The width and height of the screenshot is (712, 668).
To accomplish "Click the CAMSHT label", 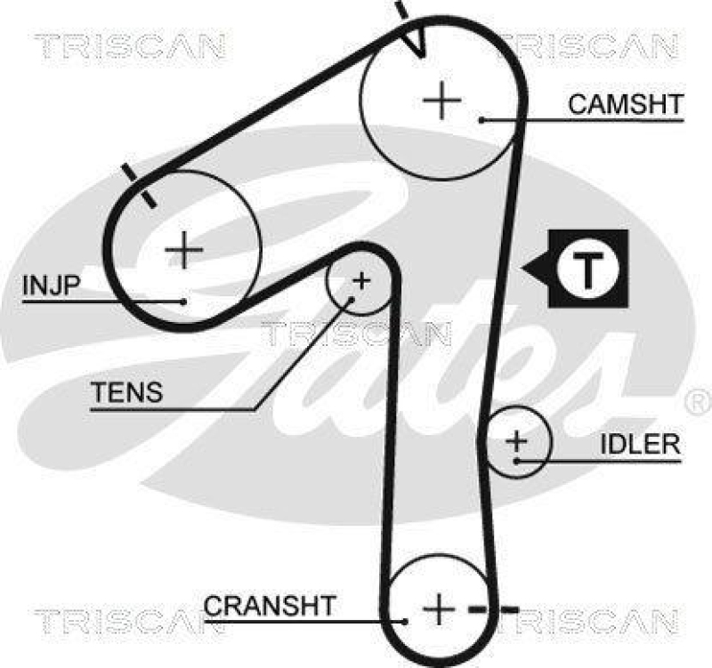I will pos(625,104).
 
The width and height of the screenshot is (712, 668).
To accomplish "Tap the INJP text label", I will pos(52,285).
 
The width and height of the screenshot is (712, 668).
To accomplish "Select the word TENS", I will pos(126,391).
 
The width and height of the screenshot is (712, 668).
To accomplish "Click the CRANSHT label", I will pos(270,606).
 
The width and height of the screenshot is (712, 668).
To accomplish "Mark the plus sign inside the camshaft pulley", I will pos(441,100).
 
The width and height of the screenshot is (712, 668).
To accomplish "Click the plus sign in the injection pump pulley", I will pos(184,250).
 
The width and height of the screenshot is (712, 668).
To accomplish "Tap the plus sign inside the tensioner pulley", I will pos(360,281).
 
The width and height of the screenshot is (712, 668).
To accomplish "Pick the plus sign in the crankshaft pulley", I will pos(438,609).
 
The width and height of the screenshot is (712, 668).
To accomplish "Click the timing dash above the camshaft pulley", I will pos(401,10).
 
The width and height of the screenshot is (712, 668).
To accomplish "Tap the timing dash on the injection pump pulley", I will pos(140,185).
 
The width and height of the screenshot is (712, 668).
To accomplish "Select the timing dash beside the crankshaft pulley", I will pos(494,610).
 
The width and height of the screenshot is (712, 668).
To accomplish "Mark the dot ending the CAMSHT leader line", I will pos(481,119).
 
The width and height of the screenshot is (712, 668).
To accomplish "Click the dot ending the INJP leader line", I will pos(183,302).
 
